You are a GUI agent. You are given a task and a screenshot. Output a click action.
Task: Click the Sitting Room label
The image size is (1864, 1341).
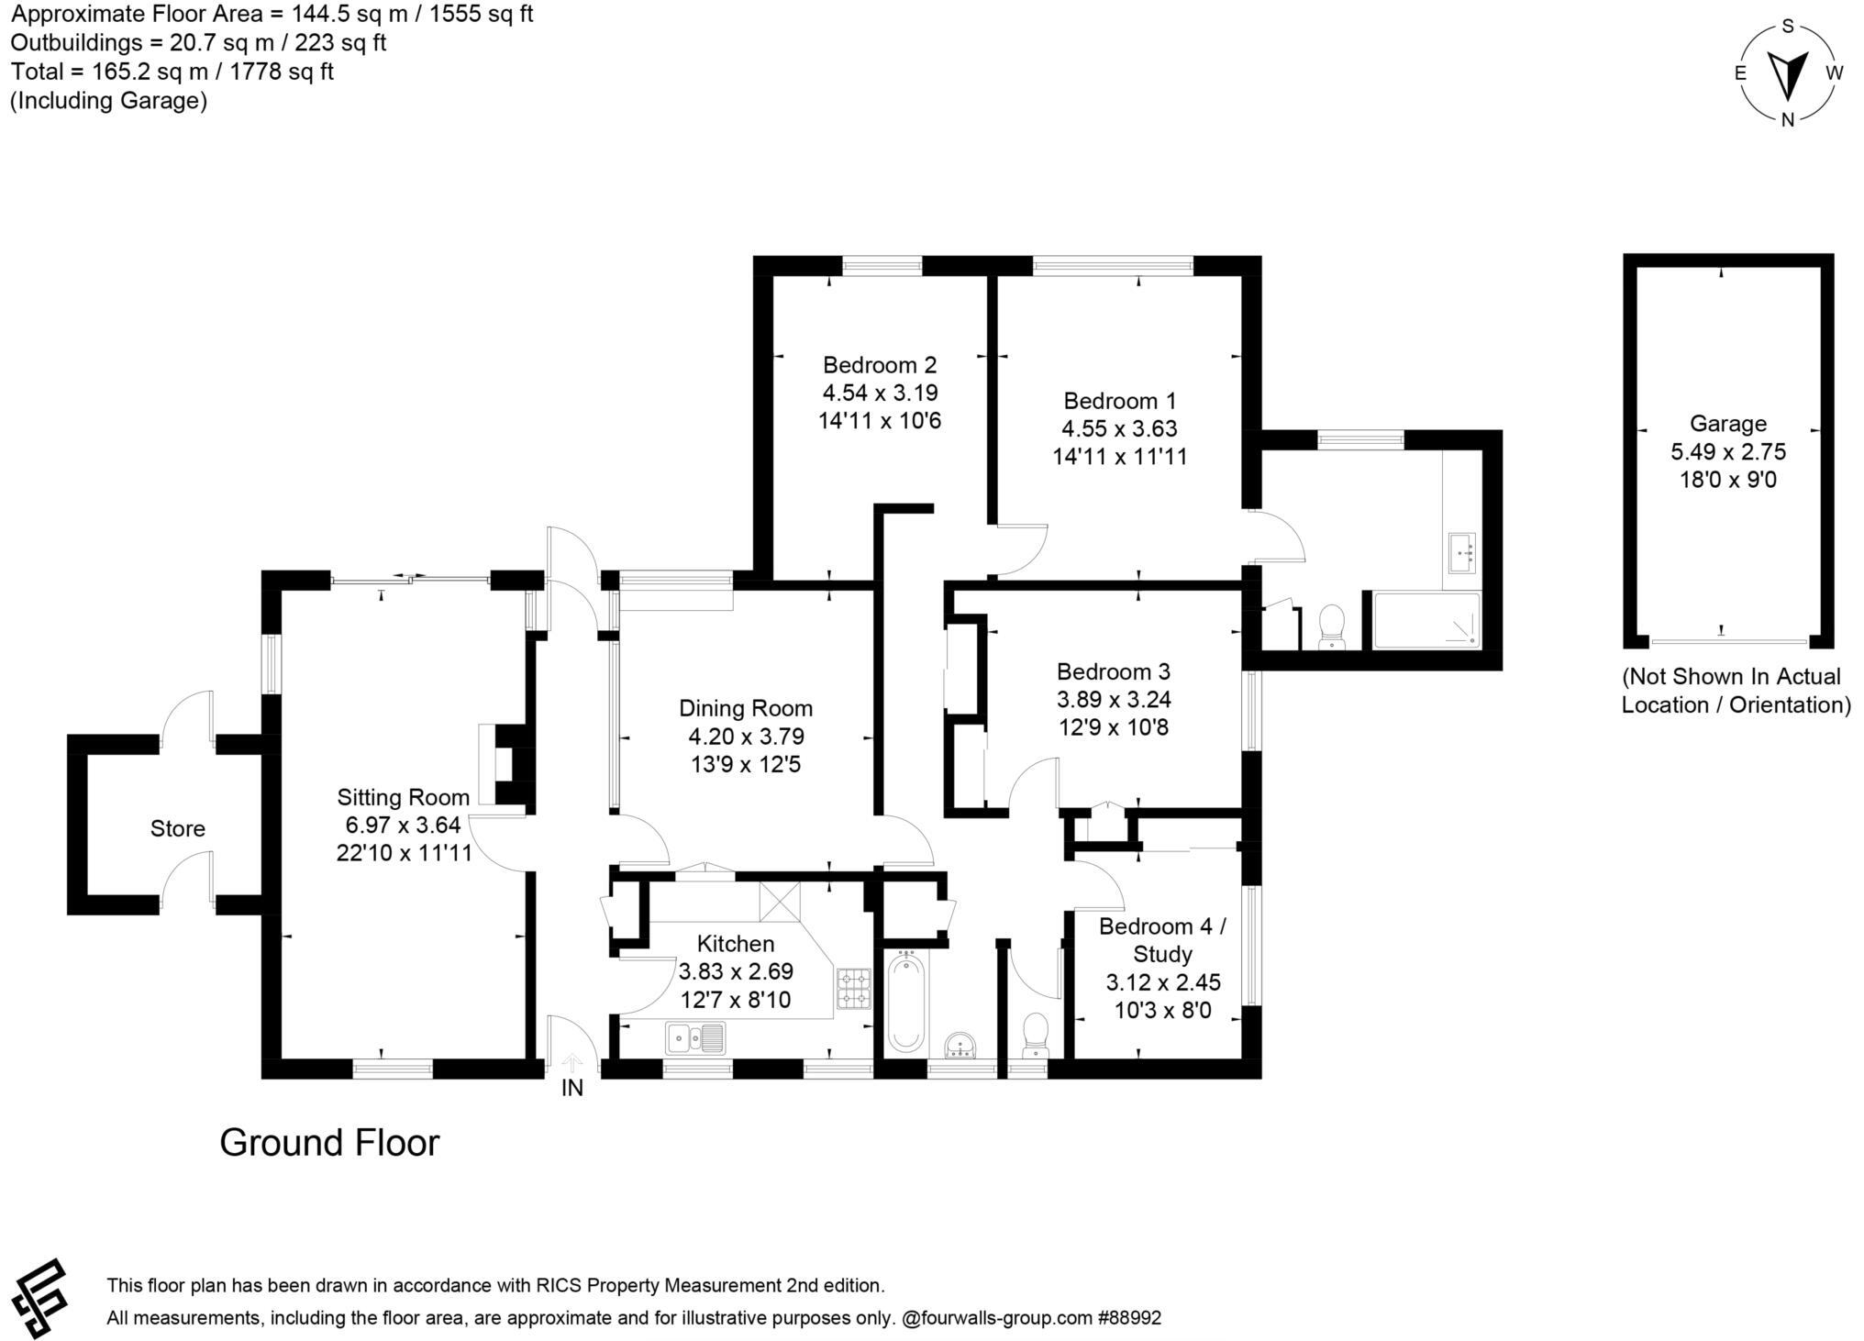(403, 797)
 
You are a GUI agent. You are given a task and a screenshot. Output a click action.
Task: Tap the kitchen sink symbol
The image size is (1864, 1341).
(694, 1038)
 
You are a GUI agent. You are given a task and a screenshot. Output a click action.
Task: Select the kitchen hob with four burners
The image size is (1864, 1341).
(853, 988)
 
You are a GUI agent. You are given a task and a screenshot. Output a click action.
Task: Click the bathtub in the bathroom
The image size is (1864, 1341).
(906, 1002)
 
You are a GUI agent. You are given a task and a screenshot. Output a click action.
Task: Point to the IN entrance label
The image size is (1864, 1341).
(571, 1089)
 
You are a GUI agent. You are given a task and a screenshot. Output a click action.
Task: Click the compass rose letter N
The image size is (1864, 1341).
(1787, 119)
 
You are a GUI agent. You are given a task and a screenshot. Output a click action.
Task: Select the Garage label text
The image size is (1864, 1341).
(1727, 424)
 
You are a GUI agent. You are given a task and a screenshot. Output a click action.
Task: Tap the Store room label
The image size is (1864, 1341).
(177, 829)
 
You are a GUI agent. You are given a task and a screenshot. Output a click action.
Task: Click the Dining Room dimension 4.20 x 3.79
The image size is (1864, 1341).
(746, 737)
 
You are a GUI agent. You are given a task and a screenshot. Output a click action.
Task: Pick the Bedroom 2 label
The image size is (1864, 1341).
(879, 365)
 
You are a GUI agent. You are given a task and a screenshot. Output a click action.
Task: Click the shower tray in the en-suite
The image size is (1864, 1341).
(1426, 621)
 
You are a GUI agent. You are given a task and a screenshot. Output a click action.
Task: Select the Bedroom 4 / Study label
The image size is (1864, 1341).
(1162, 940)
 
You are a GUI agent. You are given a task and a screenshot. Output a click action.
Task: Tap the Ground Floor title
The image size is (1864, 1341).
(329, 1143)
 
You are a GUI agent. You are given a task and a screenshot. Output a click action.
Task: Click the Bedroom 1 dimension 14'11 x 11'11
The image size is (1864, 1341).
(1119, 457)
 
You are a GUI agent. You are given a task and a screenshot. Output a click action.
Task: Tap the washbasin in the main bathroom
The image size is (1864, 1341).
(962, 1045)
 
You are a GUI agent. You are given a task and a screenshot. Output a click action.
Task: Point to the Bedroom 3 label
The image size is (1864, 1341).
(1113, 671)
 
